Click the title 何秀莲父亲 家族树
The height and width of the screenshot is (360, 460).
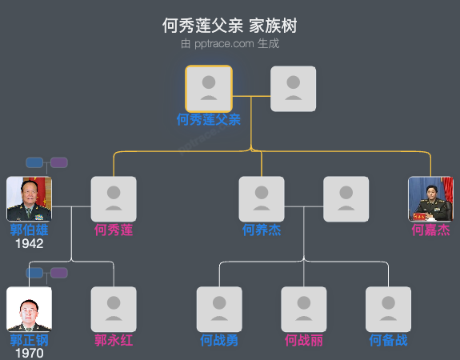(x=230, y=26)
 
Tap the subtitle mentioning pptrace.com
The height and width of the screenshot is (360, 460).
(x=230, y=43)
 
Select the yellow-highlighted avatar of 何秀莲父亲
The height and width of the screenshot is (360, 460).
(x=209, y=89)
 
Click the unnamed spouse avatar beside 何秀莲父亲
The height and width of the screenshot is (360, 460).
(x=293, y=89)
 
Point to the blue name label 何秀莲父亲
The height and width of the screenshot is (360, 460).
(x=209, y=120)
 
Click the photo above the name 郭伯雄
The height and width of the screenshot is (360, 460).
(x=30, y=199)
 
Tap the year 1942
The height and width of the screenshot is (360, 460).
(x=30, y=244)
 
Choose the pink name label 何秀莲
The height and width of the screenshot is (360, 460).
(x=114, y=230)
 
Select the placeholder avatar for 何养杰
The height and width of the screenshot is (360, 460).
(x=262, y=199)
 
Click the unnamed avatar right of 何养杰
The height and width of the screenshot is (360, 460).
(x=346, y=199)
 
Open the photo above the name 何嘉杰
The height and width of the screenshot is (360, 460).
(x=430, y=199)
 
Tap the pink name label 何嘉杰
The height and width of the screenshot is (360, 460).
(x=430, y=230)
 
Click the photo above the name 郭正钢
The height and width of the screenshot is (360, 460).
(x=30, y=309)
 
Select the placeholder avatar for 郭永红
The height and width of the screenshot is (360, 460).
(x=114, y=309)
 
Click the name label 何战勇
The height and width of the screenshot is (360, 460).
(x=219, y=341)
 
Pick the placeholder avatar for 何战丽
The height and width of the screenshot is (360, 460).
(x=304, y=309)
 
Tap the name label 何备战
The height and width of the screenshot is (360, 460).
(x=388, y=341)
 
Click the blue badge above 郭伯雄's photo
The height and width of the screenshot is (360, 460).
(x=34, y=162)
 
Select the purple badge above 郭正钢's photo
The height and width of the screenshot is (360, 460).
(x=58, y=273)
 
